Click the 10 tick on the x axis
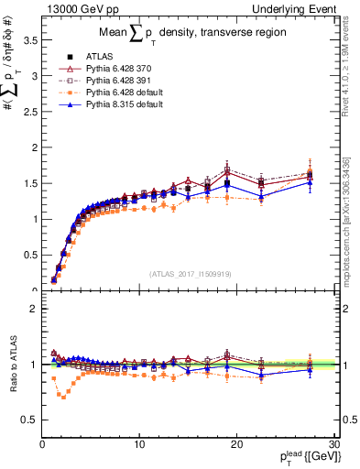pos(139,443)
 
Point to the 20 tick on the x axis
pos(237,443)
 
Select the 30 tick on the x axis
pos(334,443)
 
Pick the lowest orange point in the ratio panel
pos(62,397)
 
